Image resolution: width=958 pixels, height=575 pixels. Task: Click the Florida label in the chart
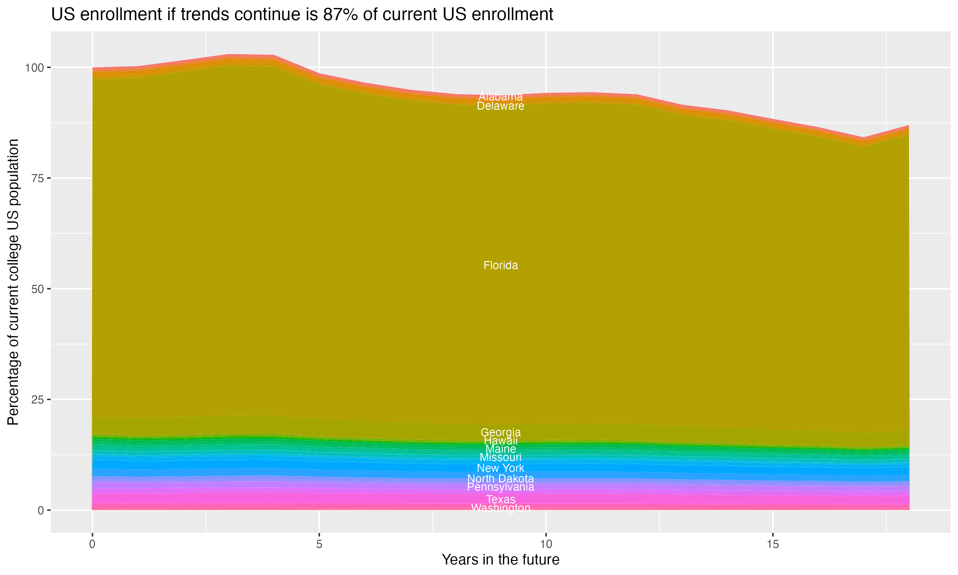tap(500, 265)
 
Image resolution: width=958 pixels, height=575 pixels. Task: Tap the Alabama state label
tap(500, 96)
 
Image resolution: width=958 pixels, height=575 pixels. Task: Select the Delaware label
tap(500, 106)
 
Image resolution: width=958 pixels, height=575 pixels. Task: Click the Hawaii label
tap(500, 441)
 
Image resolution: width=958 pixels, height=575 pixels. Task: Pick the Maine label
tap(500, 449)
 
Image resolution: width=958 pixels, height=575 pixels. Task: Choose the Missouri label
tap(500, 457)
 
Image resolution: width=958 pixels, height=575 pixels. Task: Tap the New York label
tap(500, 468)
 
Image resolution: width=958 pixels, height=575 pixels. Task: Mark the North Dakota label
tap(500, 479)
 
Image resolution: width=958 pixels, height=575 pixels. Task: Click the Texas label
tap(500, 499)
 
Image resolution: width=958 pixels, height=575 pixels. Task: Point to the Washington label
tap(500, 508)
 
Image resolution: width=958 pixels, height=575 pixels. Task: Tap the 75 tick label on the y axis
tap(36, 178)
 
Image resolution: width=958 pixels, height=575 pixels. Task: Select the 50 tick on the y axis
tap(36, 289)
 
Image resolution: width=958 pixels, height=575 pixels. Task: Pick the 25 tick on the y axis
tap(36, 400)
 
